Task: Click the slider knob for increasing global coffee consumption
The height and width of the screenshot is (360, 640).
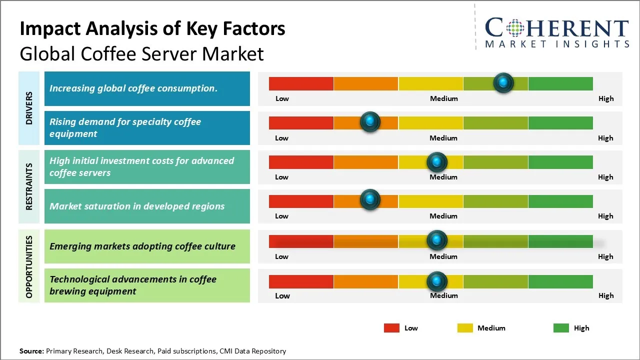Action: (x=503, y=82)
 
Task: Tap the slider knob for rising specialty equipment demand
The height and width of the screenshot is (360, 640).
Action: (x=370, y=121)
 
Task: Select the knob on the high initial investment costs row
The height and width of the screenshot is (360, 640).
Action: (x=436, y=161)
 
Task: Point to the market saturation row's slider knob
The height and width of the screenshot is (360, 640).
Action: (x=370, y=199)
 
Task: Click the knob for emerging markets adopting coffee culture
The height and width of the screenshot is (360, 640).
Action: (x=436, y=240)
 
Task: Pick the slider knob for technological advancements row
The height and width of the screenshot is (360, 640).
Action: (x=436, y=281)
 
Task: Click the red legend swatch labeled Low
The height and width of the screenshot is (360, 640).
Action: (x=391, y=328)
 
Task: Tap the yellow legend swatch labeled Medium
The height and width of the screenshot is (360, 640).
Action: (x=465, y=328)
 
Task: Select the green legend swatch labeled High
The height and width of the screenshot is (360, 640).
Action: (x=561, y=328)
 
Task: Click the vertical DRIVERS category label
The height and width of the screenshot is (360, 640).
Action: (x=29, y=107)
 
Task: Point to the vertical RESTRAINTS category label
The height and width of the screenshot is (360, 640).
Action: (x=29, y=186)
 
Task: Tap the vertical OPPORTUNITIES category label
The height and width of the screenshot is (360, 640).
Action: (x=29, y=267)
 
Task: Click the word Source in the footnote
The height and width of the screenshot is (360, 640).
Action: (x=31, y=351)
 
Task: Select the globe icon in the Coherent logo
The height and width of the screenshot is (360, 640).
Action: (x=515, y=28)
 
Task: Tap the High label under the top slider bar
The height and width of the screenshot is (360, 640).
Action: (x=606, y=98)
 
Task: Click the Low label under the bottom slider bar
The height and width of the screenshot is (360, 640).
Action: (x=282, y=295)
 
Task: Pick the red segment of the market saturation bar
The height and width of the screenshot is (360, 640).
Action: (x=301, y=201)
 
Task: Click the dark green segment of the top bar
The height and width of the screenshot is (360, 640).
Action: (x=560, y=83)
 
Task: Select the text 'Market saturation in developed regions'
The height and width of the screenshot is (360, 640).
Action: (x=137, y=206)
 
